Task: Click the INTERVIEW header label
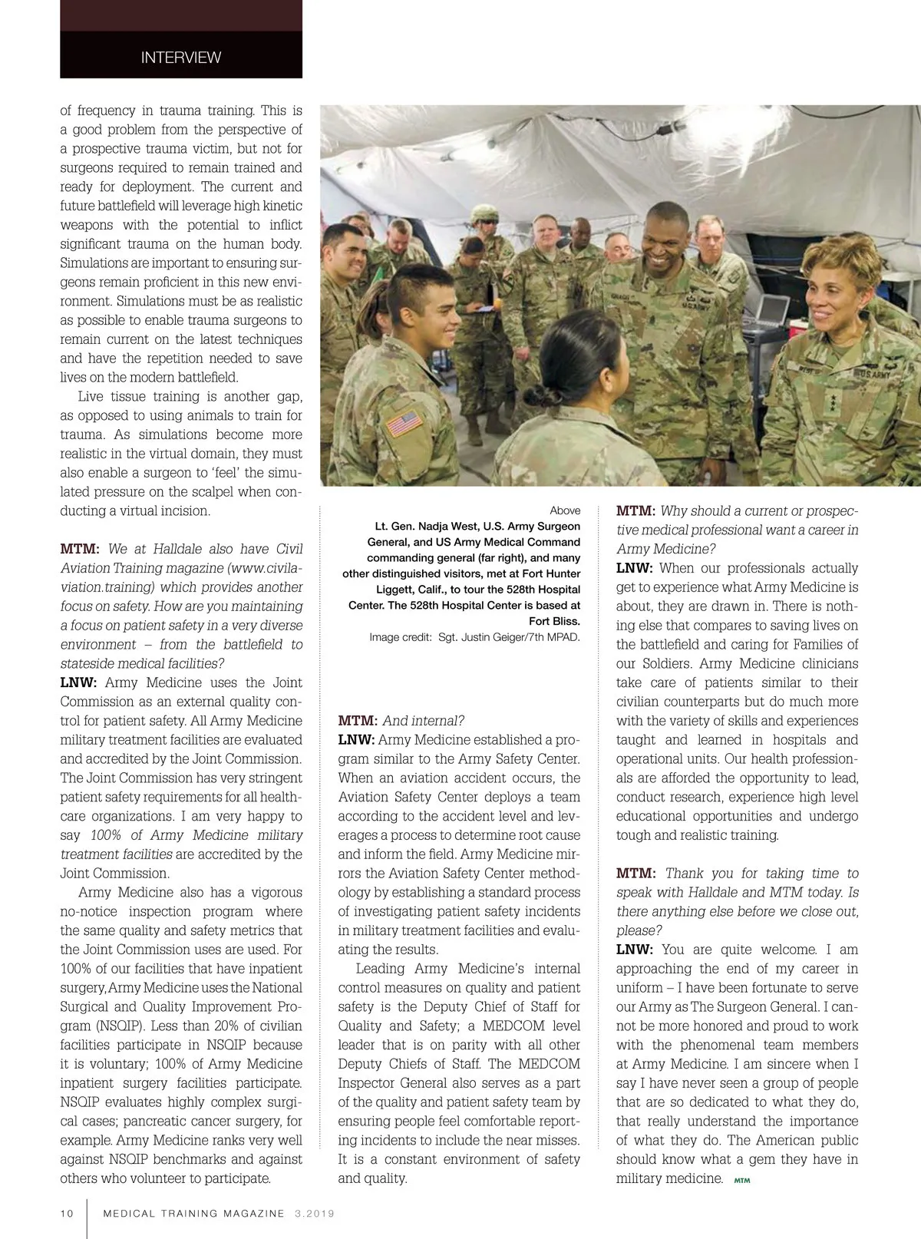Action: [180, 58]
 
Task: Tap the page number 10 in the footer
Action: [68, 1214]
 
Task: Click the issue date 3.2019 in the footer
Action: [314, 1214]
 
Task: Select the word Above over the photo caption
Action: [565, 510]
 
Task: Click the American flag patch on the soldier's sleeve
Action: [404, 422]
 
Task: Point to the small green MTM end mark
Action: [741, 1181]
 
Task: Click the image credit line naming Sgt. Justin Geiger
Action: [474, 637]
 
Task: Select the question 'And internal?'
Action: [424, 721]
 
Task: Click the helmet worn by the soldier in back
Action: [485, 213]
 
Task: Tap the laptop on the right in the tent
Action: [770, 312]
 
